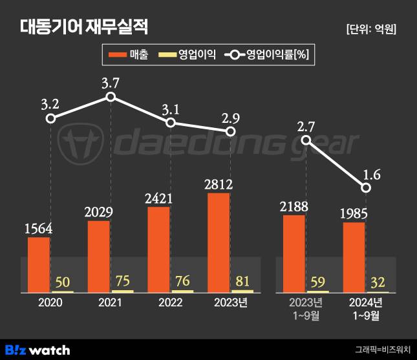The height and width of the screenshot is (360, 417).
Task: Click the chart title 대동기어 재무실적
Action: point(84,27)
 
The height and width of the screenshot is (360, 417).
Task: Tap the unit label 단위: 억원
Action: point(370,29)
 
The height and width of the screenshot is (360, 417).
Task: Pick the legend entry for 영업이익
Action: point(187,55)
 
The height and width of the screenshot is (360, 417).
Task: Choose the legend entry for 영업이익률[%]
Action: point(268,55)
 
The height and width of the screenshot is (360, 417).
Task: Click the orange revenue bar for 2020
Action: point(39,265)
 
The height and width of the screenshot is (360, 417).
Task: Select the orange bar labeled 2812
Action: point(219,242)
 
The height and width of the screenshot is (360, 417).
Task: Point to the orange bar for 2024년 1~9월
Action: point(354,257)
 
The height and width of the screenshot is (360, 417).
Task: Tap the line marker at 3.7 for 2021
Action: point(111,96)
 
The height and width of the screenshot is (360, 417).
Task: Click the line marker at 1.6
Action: point(366,187)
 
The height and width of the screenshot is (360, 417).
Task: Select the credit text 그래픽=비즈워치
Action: point(382,350)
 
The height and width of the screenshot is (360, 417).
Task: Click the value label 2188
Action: point(294,207)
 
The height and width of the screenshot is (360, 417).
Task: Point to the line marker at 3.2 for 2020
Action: point(50,118)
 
